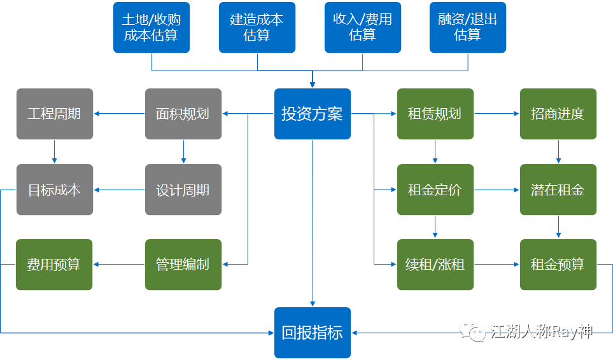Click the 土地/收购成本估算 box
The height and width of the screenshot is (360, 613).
click(151, 27)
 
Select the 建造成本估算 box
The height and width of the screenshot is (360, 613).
click(257, 27)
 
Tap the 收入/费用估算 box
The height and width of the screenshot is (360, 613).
click(363, 27)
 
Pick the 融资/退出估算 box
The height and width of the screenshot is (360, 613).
click(468, 27)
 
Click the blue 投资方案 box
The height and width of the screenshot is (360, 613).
click(313, 114)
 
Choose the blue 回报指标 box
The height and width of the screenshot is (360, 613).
click(313, 333)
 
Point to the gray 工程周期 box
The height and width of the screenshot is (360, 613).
click(55, 114)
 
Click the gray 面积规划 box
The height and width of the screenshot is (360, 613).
click(183, 114)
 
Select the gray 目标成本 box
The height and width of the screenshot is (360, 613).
click(55, 190)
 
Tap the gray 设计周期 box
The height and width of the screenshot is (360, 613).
click(183, 190)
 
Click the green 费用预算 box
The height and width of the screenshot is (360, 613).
click(55, 265)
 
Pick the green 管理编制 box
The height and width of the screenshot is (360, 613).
click(183, 265)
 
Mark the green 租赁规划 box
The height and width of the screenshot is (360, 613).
click(435, 114)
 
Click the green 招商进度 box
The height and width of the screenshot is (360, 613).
click(558, 114)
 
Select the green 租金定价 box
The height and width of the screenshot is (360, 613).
click(435, 190)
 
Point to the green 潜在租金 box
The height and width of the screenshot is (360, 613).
click(558, 190)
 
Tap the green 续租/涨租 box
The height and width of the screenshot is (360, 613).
click(435, 265)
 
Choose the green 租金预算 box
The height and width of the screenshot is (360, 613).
click(558, 265)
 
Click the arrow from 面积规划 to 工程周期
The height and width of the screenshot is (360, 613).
click(119, 114)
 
